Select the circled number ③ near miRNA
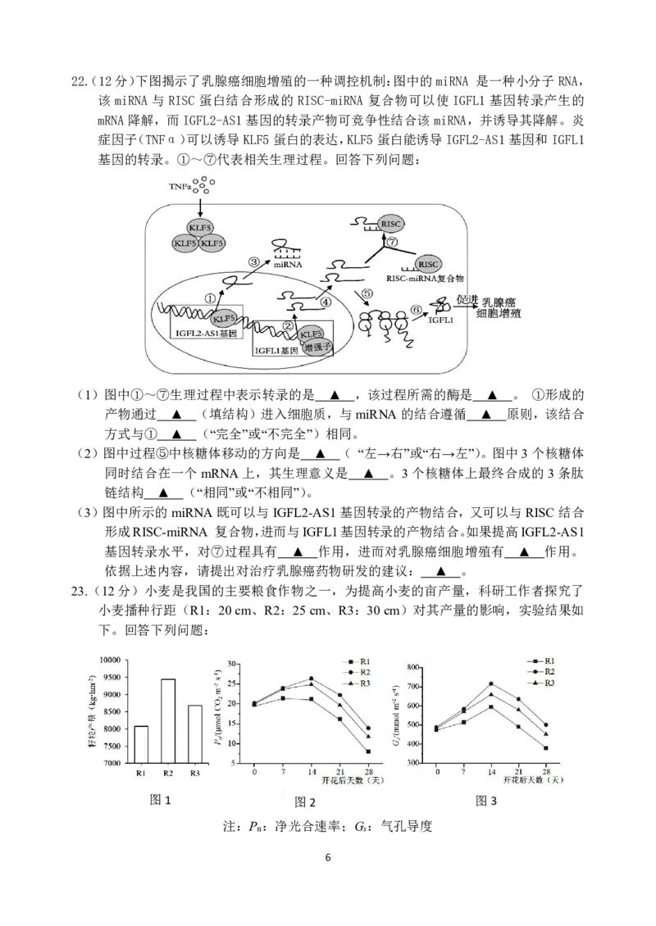tap(254, 262)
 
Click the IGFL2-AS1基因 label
tap(199, 333)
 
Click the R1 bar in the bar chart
tap(140, 744)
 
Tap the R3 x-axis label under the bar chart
tap(194, 772)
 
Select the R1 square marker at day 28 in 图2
tap(369, 751)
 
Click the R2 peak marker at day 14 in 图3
tap(491, 683)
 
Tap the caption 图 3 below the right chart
tap(486, 801)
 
